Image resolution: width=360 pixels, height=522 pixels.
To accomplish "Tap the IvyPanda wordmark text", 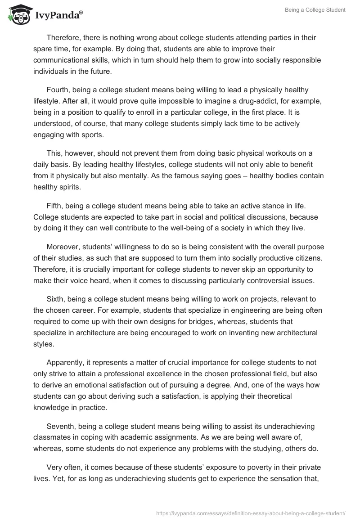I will coord(56,16).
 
